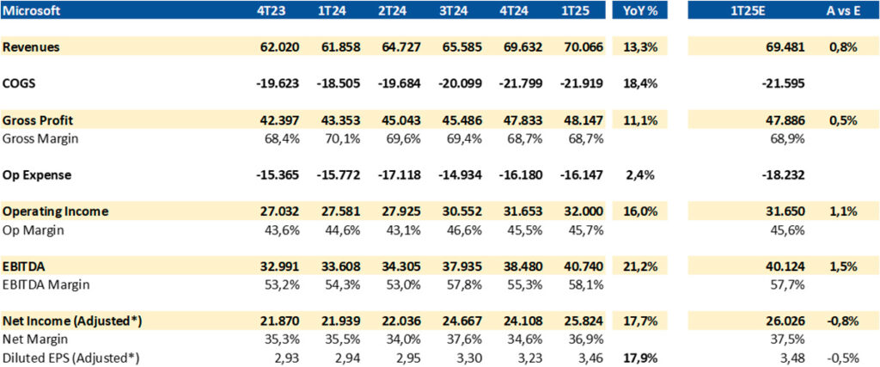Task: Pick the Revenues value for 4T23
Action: tap(277, 47)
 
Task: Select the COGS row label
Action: tap(21, 83)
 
